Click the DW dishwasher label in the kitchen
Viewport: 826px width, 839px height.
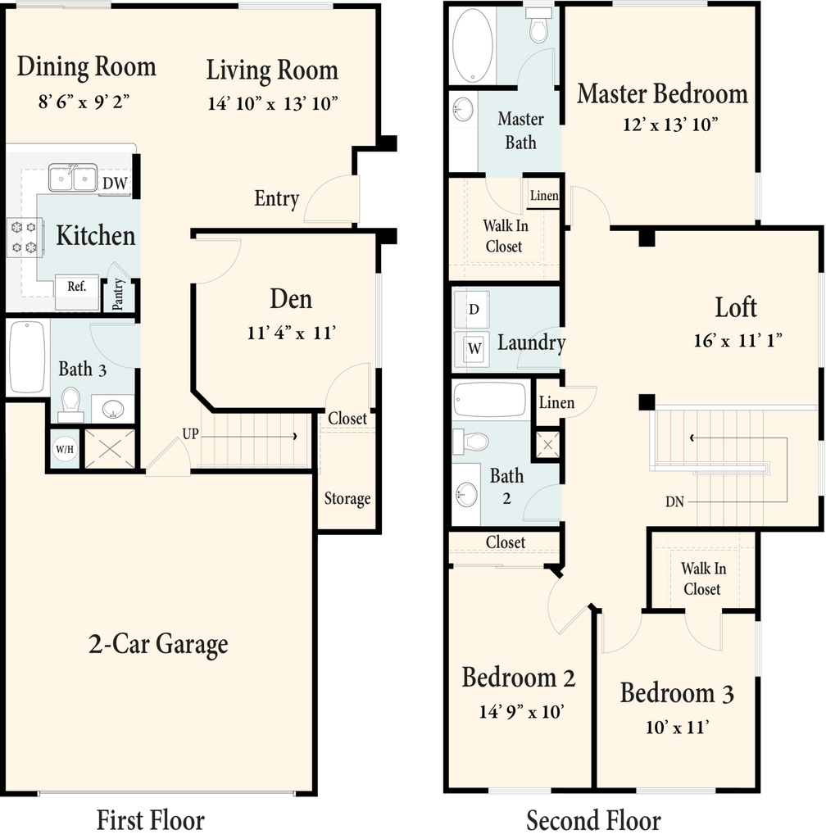tap(115, 183)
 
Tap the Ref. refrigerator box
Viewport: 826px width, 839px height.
tap(78, 293)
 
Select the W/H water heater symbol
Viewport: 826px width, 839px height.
tap(65, 448)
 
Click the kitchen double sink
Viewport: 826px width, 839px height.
tap(73, 178)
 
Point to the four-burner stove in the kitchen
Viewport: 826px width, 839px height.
tap(24, 237)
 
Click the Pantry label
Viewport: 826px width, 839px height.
tap(118, 294)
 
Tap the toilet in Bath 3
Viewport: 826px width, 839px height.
tap(70, 405)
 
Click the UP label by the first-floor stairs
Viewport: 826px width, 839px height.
tap(190, 433)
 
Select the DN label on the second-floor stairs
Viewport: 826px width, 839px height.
tap(674, 501)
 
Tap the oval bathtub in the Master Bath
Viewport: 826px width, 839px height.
tap(472, 45)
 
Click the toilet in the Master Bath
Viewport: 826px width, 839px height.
tap(538, 25)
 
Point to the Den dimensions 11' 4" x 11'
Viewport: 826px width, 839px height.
tap(292, 333)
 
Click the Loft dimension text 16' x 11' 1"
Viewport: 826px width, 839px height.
tap(737, 340)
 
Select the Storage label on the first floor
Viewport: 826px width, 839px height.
tap(347, 499)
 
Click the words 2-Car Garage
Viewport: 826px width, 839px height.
tap(158, 644)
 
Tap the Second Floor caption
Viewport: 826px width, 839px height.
tap(593, 821)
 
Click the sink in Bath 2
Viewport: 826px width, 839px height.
tap(466, 494)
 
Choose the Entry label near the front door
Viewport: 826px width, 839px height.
tap(277, 199)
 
